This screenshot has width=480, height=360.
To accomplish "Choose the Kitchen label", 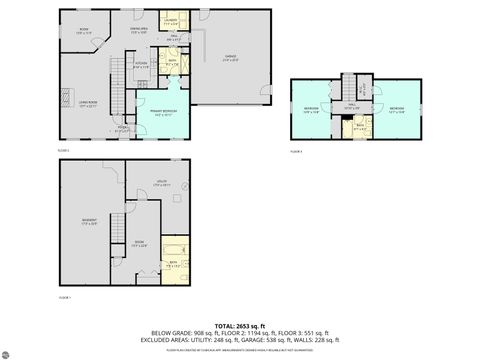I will click(x=142, y=66).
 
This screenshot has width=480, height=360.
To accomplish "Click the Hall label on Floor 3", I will click(x=350, y=106).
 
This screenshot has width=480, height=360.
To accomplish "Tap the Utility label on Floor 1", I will click(x=161, y=184).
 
